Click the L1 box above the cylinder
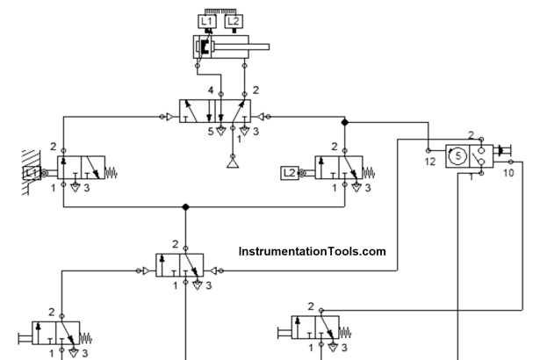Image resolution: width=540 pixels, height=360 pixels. coord(208,21)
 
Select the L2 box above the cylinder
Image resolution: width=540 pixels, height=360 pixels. coord(233,21)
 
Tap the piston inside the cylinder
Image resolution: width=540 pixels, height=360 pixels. coord(205,46)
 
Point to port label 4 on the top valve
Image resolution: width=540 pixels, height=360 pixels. coord(211,90)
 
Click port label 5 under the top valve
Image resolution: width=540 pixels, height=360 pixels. coord(211,133)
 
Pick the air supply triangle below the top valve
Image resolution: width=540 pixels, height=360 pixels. coord(233,163)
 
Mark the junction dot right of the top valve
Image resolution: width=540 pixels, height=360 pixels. coord(345,122)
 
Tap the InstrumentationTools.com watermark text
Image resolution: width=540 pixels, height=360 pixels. coord(312,252)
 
